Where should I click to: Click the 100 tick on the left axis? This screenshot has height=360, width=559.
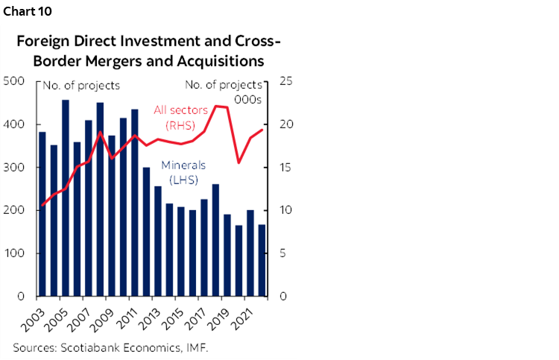[x=16, y=253]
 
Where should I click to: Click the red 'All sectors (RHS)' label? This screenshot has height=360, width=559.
[x=180, y=117]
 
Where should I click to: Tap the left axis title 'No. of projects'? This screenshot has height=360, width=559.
[x=82, y=86]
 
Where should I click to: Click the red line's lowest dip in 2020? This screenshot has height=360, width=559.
[x=239, y=162]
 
